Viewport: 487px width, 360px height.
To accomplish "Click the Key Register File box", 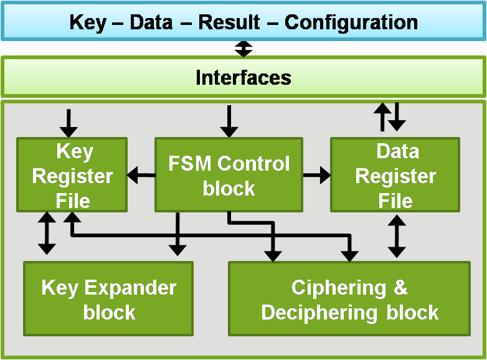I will click(x=72, y=175).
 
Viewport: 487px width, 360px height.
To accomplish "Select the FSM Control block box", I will click(x=229, y=175).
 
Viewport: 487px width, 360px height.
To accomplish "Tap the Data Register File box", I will click(x=395, y=175).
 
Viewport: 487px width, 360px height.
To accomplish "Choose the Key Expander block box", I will click(x=108, y=300).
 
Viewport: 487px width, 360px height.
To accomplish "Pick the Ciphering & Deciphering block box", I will click(x=349, y=300).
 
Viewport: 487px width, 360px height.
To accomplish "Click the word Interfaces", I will click(x=243, y=77).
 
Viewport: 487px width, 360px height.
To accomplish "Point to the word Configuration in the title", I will click(x=351, y=22).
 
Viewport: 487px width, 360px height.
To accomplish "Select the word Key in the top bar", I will click(x=87, y=22).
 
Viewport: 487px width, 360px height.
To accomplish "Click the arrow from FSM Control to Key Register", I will click(x=141, y=176).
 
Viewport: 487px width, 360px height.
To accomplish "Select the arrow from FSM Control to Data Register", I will click(x=316, y=176).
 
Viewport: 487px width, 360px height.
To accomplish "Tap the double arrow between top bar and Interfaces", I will click(x=243, y=49).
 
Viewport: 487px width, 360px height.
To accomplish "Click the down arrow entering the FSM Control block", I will click(x=229, y=121).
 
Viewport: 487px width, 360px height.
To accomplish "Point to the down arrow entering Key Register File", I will click(x=69, y=123).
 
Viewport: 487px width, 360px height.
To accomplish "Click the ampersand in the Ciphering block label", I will click(x=401, y=288).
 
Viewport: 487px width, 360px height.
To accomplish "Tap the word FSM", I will click(x=189, y=164).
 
